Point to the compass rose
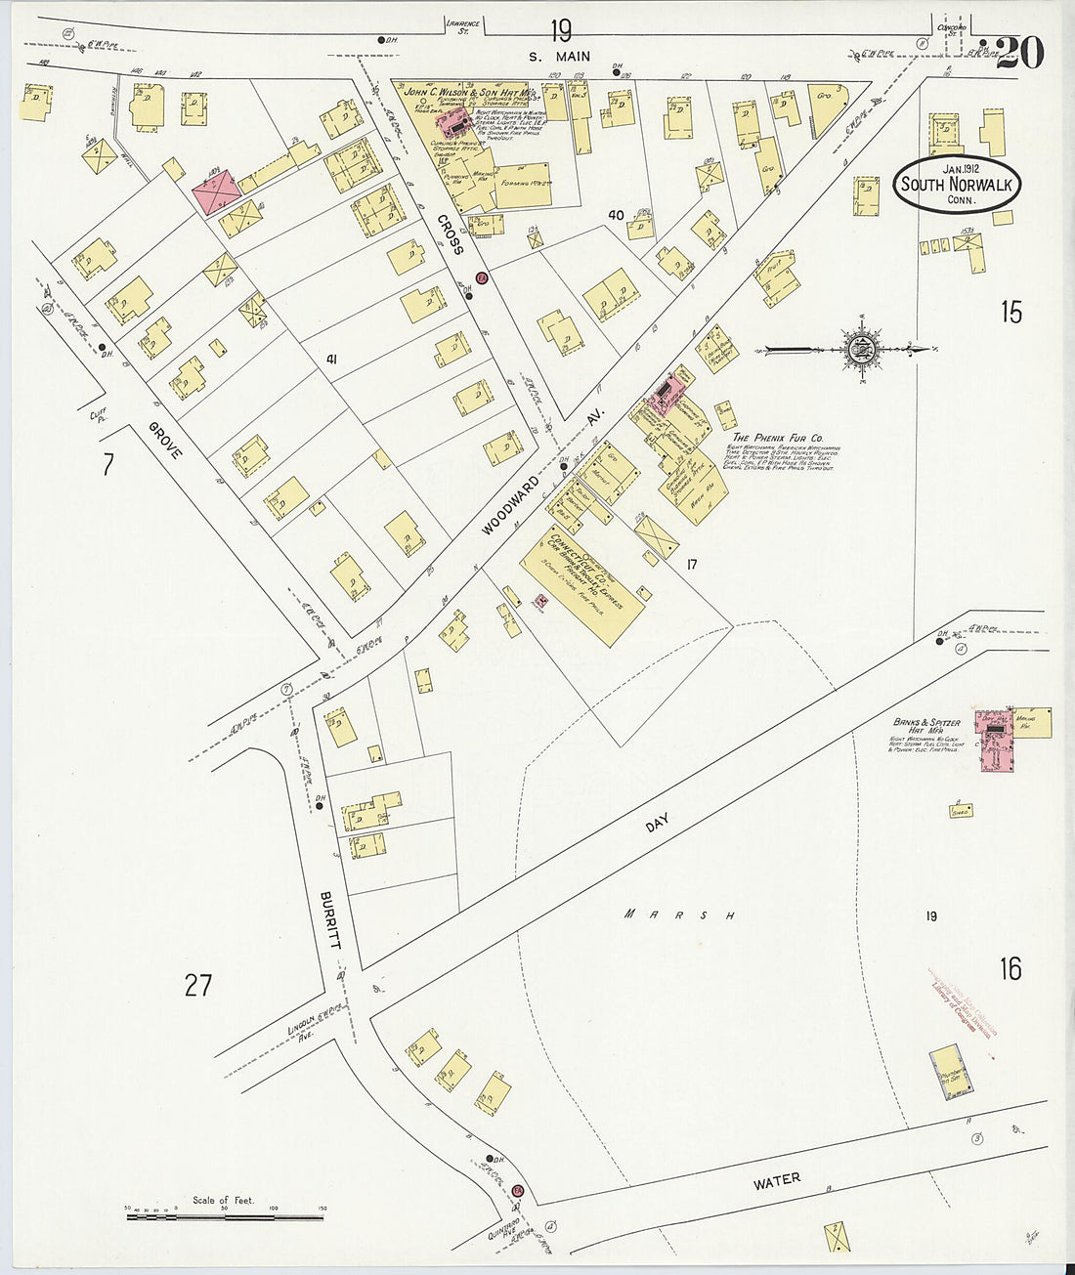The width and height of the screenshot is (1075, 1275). click(x=862, y=347)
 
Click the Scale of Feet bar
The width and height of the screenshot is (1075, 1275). click(x=225, y=1216)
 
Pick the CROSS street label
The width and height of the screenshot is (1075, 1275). click(x=450, y=234)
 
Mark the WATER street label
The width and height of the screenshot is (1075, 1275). click(x=777, y=1179)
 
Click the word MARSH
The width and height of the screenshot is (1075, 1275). click(x=680, y=915)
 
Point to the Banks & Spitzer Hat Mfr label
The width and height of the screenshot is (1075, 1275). click(x=925, y=724)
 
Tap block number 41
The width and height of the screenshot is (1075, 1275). click(x=332, y=360)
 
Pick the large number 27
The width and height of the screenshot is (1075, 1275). click(x=198, y=985)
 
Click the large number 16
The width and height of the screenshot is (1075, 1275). click(x=1010, y=968)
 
